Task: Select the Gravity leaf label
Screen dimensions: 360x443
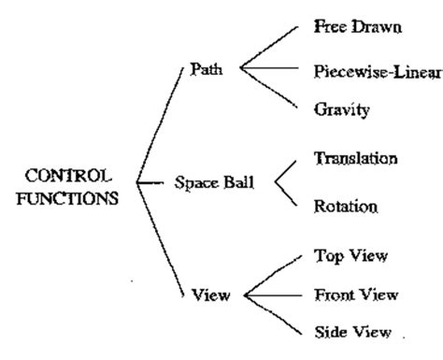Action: [x=341, y=109]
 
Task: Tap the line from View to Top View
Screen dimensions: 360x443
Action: [x=272, y=277]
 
